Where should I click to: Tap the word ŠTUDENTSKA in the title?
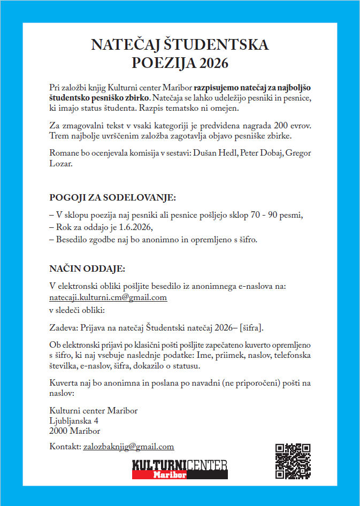[223, 44]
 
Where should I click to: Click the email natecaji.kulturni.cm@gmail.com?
[108, 297]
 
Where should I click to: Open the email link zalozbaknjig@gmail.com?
[128, 446]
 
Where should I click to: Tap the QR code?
[293, 461]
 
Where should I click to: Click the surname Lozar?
[60, 164]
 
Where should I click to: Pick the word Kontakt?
[64, 446]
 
